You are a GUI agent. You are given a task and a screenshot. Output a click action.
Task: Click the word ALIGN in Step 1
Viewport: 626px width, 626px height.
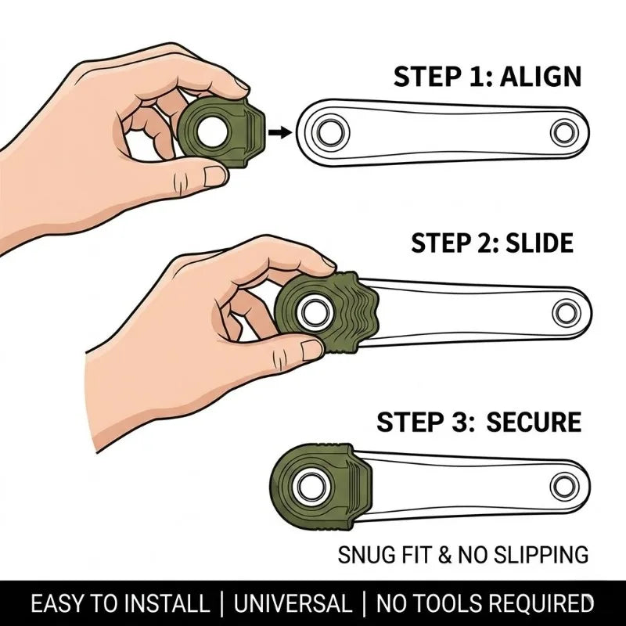pyautogui.click(x=541, y=77)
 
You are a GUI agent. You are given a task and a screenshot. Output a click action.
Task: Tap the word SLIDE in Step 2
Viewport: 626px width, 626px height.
pyautogui.click(x=539, y=243)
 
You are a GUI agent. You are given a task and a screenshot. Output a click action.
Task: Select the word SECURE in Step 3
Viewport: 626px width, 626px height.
pyautogui.click(x=534, y=422)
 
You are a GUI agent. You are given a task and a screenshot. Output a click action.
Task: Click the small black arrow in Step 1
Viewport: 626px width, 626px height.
pyautogui.click(x=280, y=132)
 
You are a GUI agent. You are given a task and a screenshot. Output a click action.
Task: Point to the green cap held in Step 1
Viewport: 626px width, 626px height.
pyautogui.click(x=221, y=131)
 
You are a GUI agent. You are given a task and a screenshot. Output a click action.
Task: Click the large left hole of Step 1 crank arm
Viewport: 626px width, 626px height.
pyautogui.click(x=329, y=131)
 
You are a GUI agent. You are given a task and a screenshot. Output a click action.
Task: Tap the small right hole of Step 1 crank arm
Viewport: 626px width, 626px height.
pyautogui.click(x=564, y=132)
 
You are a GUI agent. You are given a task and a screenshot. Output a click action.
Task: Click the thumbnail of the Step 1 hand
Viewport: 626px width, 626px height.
pyautogui.click(x=214, y=176)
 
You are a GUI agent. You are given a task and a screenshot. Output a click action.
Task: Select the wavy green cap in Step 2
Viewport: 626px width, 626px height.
pyautogui.click(x=326, y=311)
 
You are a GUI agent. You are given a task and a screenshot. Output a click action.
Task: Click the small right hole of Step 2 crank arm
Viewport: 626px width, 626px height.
pyautogui.click(x=567, y=312)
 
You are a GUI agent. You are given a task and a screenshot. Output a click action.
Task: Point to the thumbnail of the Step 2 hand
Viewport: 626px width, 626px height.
pyautogui.click(x=311, y=350)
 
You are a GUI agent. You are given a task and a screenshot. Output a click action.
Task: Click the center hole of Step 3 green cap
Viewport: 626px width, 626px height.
pyautogui.click(x=311, y=487)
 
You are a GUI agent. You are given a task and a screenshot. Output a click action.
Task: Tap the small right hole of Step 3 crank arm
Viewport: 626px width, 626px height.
pyautogui.click(x=564, y=487)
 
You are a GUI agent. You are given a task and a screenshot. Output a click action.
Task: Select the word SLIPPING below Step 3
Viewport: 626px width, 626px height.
pyautogui.click(x=541, y=555)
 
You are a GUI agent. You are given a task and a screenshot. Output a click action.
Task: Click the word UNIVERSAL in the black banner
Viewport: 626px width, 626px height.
pyautogui.click(x=293, y=603)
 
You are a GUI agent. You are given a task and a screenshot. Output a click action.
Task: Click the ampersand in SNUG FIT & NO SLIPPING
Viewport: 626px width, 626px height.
pyautogui.click(x=444, y=555)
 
